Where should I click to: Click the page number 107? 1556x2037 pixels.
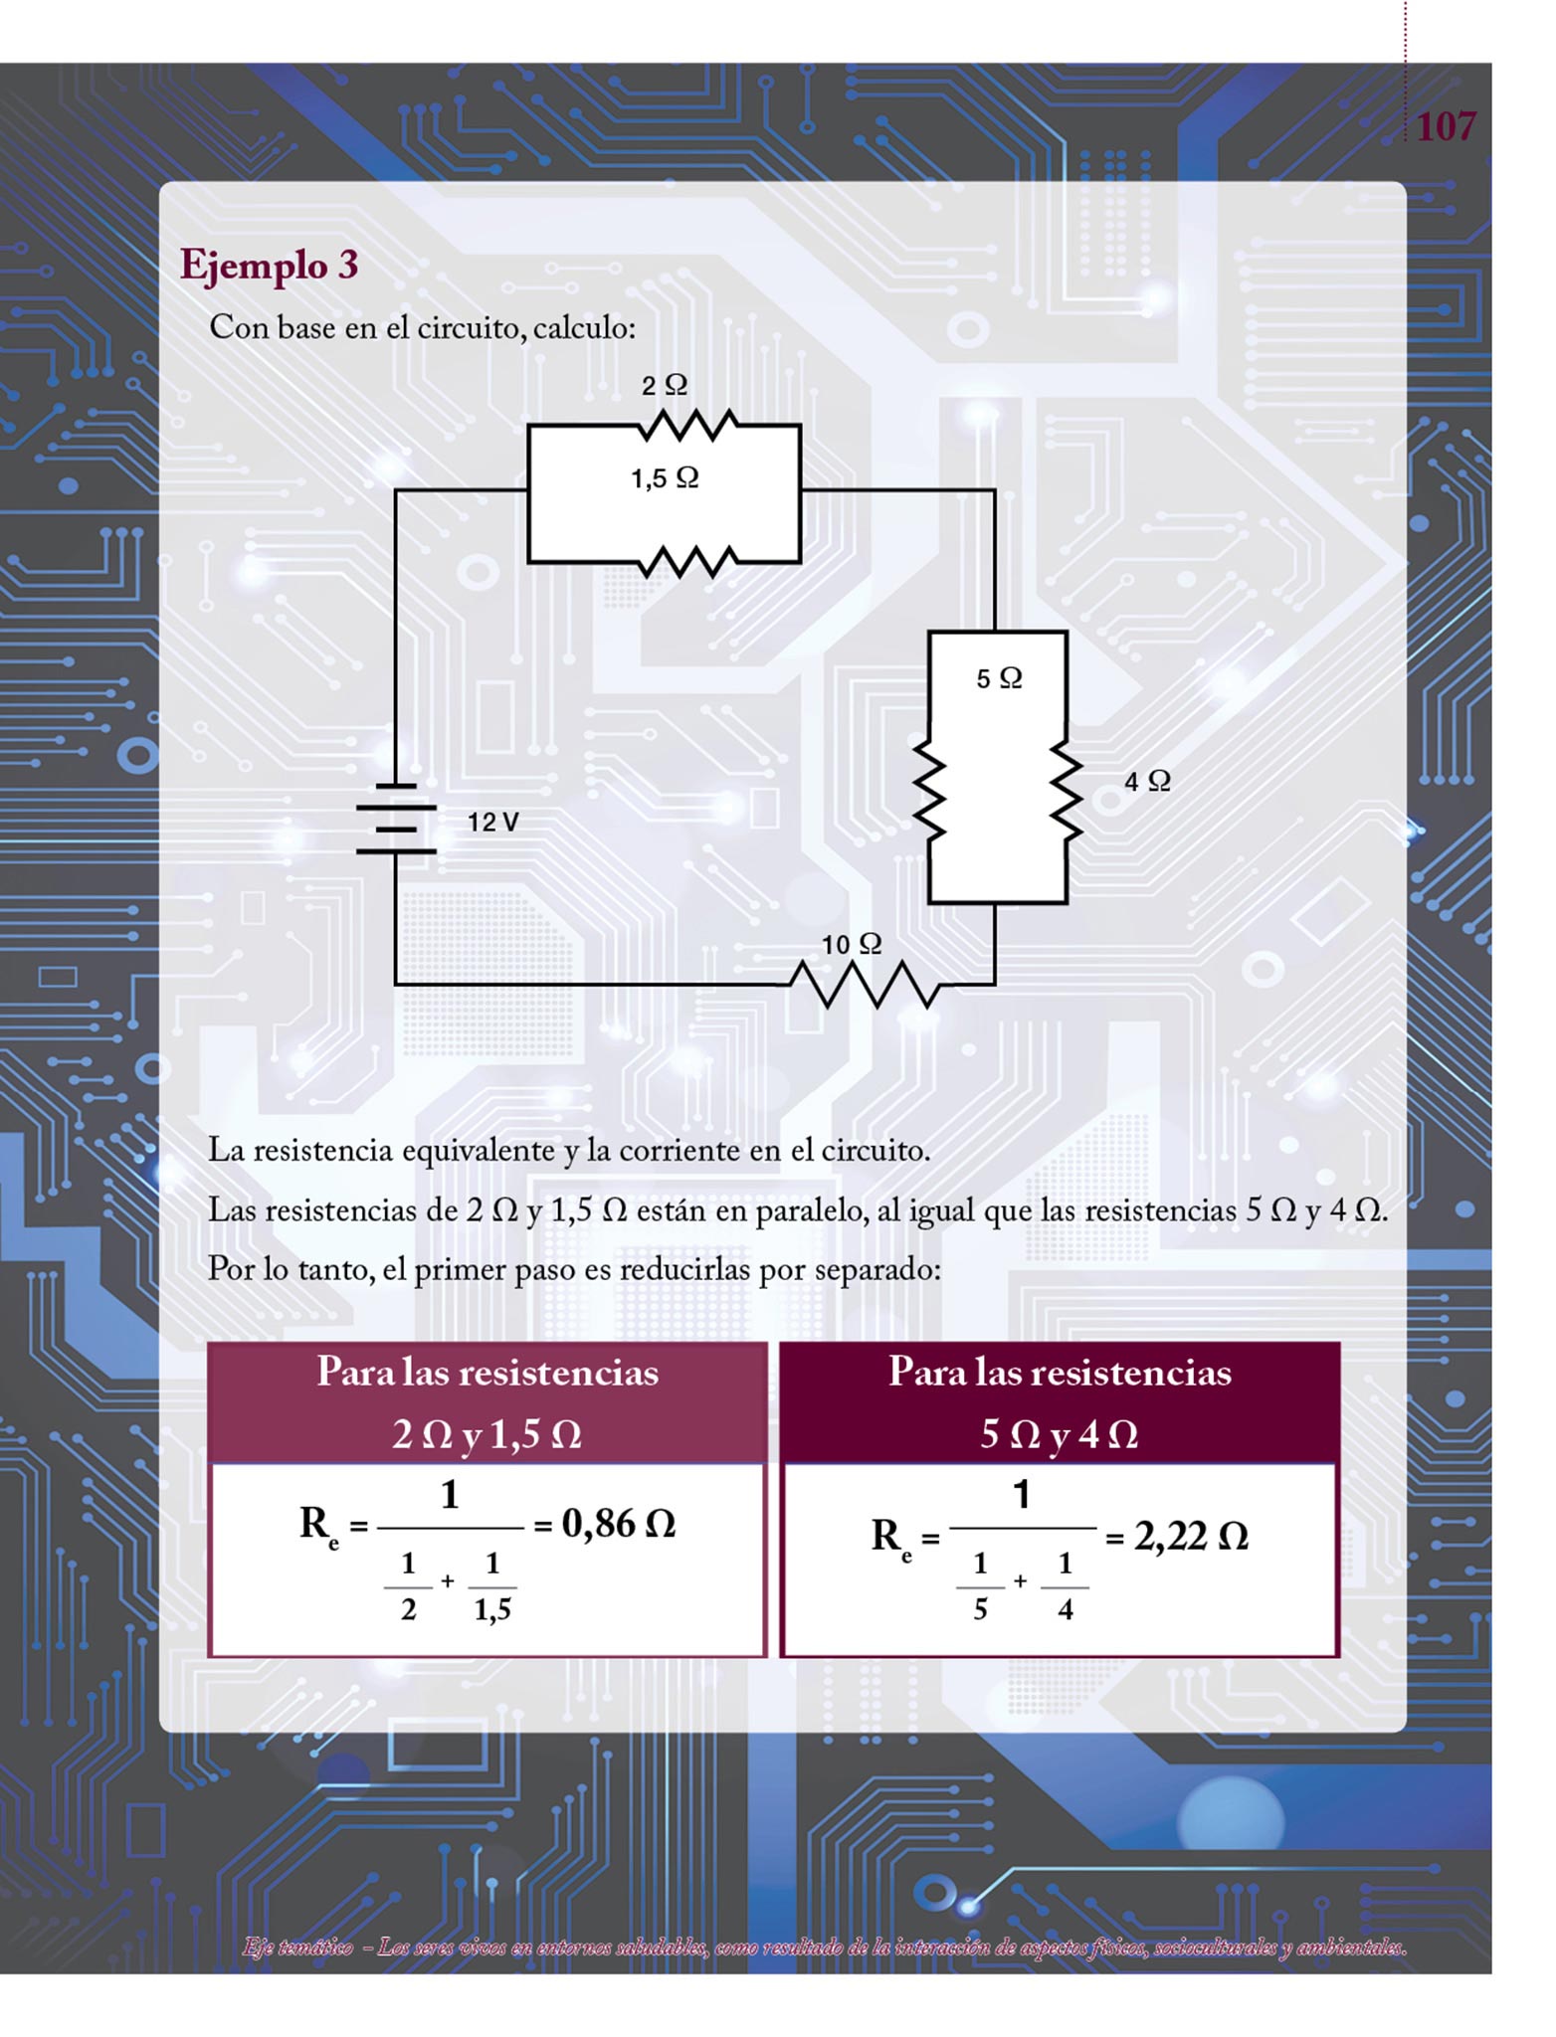pos(1445,126)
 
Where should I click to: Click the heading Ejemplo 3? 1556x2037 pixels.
pos(269,266)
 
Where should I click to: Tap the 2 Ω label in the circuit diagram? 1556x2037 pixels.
pos(664,386)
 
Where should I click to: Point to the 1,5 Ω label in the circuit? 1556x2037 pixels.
pos(665,478)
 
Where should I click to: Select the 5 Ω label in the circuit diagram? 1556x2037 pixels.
pos(999,678)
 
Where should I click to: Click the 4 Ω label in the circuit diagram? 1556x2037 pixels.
pos(1147,781)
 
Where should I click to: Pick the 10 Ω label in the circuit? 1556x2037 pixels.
pos(852,944)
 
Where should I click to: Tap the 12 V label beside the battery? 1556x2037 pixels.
pos(493,823)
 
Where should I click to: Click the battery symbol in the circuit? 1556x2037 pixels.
pos(396,819)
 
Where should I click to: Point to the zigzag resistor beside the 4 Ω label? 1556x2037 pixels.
pos(1067,796)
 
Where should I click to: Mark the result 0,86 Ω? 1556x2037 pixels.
pos(618,1523)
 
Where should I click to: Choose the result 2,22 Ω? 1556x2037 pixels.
pos(1190,1537)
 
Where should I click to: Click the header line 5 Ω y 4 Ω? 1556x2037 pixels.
pos(1059,1434)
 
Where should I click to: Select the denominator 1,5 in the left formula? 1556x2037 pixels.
pos(492,1609)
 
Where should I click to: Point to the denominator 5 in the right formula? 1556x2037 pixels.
pos(980,1609)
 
